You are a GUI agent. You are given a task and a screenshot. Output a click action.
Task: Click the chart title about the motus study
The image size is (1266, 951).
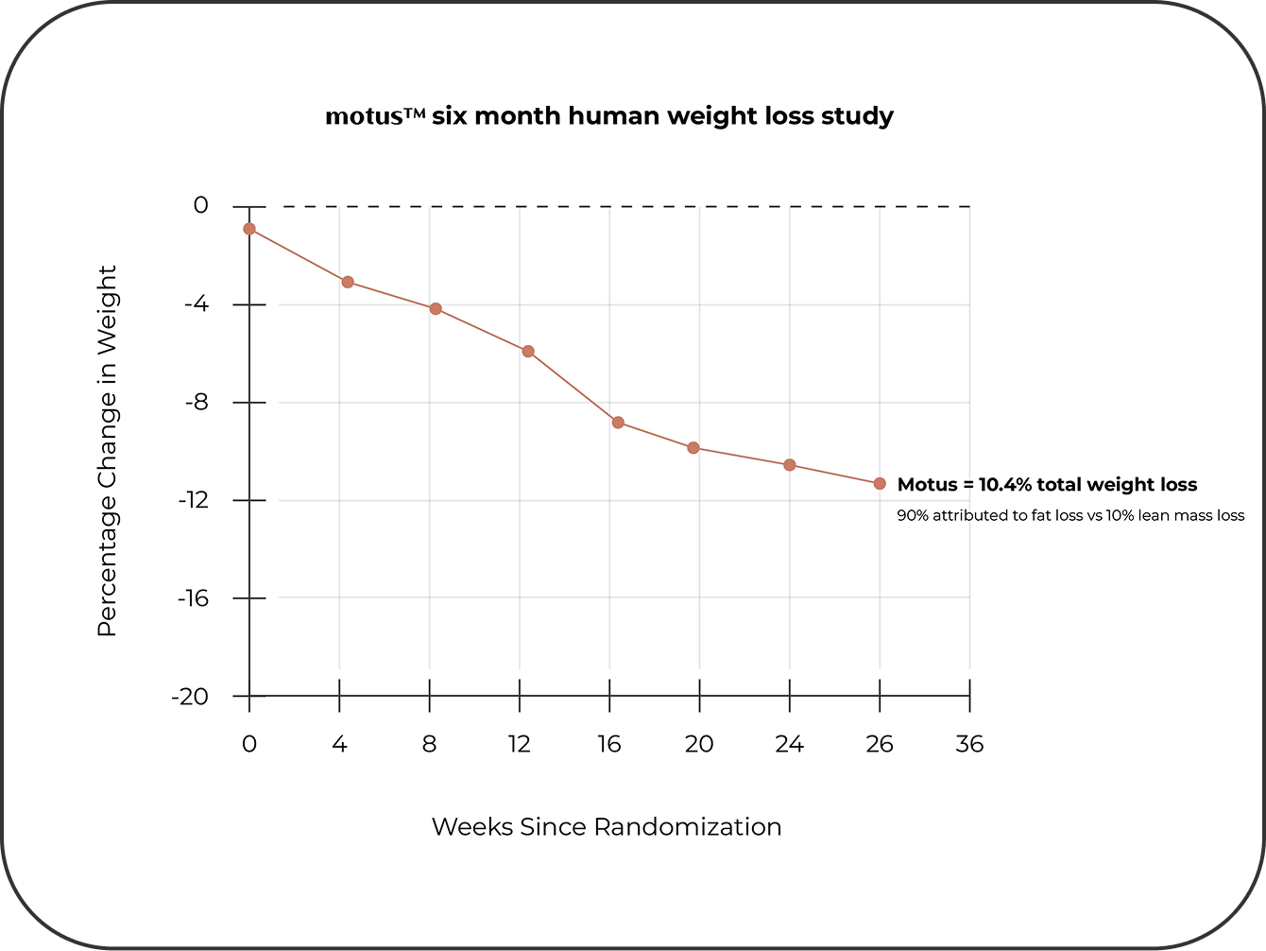(609, 116)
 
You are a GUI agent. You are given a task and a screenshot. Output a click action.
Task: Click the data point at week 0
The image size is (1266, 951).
(249, 229)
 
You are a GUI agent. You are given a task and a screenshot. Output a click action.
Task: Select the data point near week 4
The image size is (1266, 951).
(348, 282)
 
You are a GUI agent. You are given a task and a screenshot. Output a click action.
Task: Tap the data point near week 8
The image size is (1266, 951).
(436, 309)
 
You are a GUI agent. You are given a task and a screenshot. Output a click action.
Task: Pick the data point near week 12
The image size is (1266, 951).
(528, 352)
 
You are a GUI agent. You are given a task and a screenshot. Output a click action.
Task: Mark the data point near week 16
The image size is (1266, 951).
(618, 423)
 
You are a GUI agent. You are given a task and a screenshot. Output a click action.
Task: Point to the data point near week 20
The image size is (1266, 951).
(693, 448)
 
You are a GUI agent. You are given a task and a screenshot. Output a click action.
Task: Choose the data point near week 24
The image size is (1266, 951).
(790, 465)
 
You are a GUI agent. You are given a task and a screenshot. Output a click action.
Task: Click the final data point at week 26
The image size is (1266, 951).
(880, 484)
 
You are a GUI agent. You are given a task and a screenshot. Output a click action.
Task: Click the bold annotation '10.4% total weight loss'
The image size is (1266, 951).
(1047, 485)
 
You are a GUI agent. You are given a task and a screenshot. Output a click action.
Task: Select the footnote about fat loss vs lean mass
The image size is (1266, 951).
(1070, 516)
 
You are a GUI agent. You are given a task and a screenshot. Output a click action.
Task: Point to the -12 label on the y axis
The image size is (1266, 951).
(192, 500)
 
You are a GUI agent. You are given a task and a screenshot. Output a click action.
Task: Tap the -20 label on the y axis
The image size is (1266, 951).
(190, 697)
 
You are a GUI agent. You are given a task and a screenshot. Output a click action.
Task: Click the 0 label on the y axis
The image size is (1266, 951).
(200, 205)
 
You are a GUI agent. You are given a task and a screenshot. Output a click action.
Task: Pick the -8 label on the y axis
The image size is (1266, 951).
(195, 403)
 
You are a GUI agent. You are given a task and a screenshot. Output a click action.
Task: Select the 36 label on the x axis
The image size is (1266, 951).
(969, 745)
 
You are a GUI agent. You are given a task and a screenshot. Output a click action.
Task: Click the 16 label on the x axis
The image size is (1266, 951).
(609, 745)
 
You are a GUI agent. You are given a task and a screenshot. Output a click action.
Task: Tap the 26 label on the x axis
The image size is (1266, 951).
(880, 745)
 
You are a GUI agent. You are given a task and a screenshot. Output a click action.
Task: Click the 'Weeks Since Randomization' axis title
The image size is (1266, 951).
(607, 827)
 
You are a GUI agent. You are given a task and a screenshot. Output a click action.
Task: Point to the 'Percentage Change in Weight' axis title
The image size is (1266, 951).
(108, 451)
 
